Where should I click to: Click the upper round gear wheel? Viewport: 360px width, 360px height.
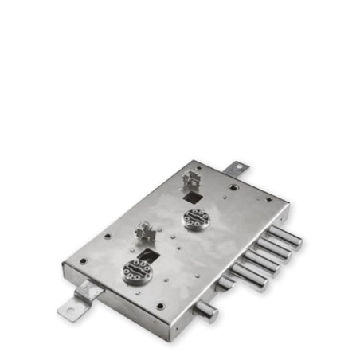click(x=195, y=217)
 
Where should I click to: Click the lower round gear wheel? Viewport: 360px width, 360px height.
click(x=138, y=272)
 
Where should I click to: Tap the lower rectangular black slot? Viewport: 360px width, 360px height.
click(x=147, y=256)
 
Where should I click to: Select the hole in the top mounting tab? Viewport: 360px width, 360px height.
click(x=239, y=166)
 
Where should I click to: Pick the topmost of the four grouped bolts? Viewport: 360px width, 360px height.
click(x=284, y=237)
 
